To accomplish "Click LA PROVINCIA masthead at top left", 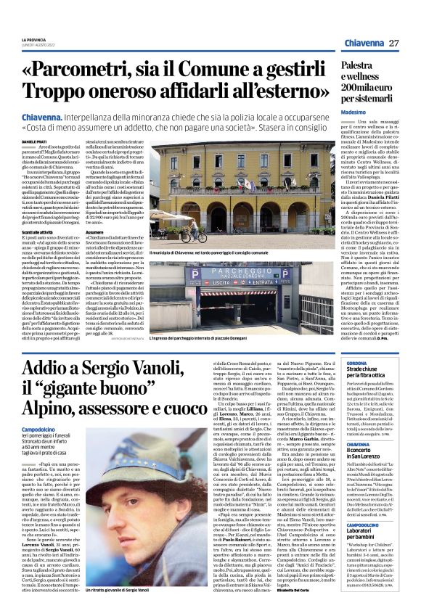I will click(x=33, y=39).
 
